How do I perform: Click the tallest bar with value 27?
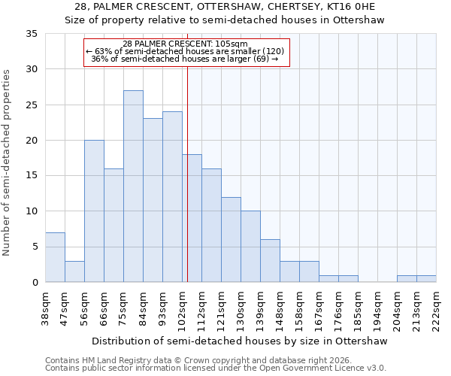pos(133,186)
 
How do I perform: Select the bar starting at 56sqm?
pos(94,211)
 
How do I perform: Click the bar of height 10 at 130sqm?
pos(250,247)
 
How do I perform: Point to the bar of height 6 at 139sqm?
pos(270,261)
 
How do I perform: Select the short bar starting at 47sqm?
pos(74,271)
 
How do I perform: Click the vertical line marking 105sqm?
pos(187,173)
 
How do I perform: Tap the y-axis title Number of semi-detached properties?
pos(8,162)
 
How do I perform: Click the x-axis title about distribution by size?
pos(241,341)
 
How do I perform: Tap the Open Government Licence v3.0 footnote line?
pos(216,368)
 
